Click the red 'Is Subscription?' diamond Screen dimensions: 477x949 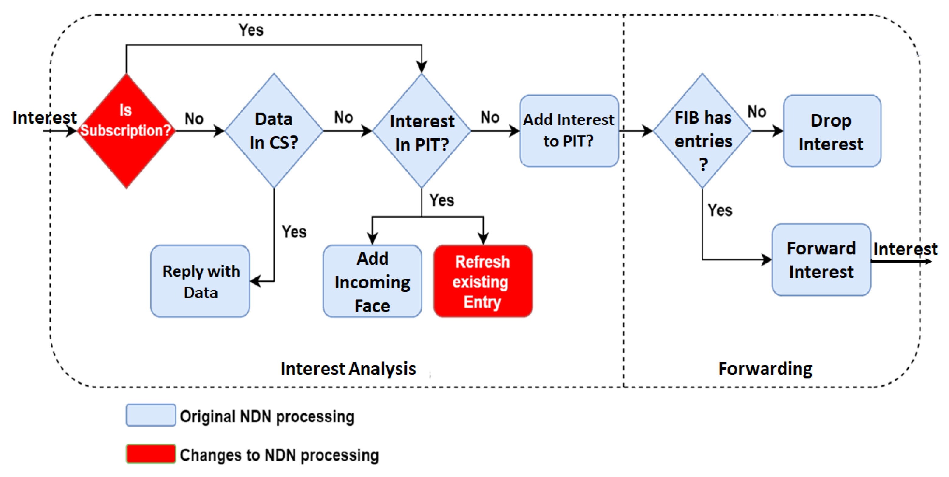126,131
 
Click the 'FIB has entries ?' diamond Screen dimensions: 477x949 702,131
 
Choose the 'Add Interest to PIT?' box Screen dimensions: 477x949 569,131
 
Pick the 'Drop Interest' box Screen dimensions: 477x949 832,131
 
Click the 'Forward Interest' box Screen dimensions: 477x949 821,260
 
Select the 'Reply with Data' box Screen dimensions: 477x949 200,281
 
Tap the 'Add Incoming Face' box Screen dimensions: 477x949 372,281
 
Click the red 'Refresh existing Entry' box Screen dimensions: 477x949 483,281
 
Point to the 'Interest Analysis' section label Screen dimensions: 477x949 348,369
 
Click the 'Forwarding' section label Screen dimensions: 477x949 765,369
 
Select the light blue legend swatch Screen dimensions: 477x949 151,415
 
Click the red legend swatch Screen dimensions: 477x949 151,454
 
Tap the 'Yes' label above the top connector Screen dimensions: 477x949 251,30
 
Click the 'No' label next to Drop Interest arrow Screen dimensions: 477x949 757,112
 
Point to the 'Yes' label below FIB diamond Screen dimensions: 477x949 720,210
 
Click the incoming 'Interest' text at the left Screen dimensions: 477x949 44,117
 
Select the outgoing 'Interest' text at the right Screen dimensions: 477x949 905,249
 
